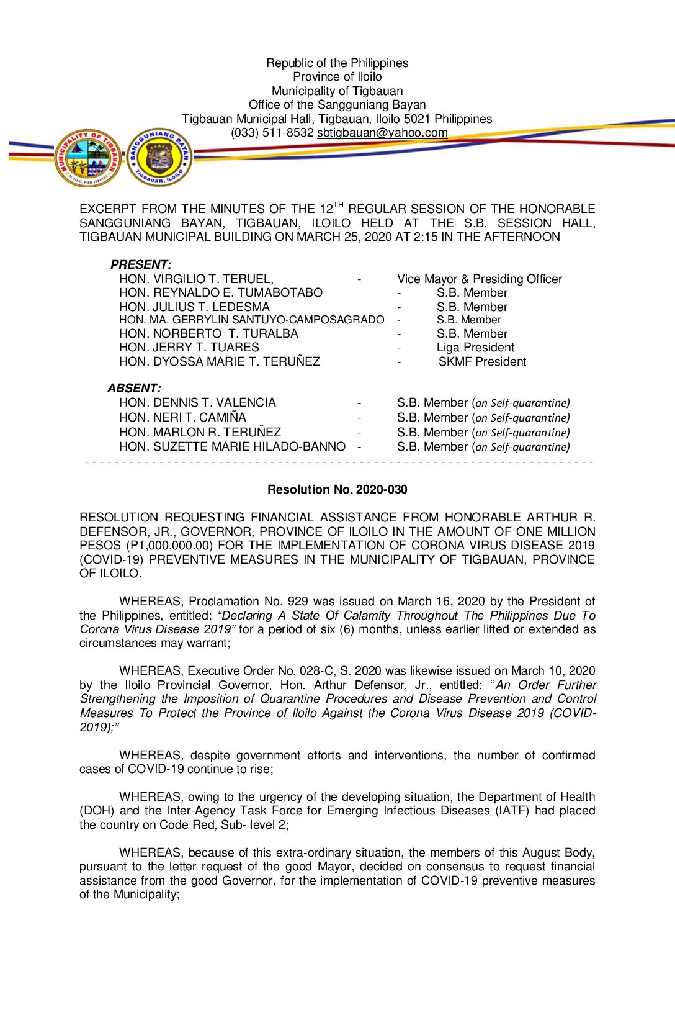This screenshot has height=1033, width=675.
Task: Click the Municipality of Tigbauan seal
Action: click(87, 158)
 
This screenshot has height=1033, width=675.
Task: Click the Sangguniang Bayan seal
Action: click(159, 158)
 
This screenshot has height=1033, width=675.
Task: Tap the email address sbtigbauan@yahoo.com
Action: click(382, 133)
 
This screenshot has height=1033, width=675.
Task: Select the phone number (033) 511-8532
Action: click(272, 133)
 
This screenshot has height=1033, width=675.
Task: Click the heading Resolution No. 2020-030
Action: click(337, 490)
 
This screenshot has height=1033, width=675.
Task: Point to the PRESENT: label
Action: click(141, 265)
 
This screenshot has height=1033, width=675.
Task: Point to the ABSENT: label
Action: click(134, 389)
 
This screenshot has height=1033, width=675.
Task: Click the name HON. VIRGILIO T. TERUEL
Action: click(196, 279)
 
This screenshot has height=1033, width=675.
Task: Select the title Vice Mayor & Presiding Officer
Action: click(480, 279)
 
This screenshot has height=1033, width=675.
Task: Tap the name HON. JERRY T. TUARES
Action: click(189, 348)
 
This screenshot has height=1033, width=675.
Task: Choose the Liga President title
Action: click(475, 348)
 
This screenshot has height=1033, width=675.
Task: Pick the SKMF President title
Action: click(482, 362)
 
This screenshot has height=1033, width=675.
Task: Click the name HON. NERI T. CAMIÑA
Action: click(182, 418)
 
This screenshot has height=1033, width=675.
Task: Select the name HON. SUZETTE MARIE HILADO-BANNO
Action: click(232, 447)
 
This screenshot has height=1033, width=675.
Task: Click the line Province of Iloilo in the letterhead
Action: click(337, 77)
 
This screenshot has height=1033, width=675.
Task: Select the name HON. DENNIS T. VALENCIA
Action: click(197, 403)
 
